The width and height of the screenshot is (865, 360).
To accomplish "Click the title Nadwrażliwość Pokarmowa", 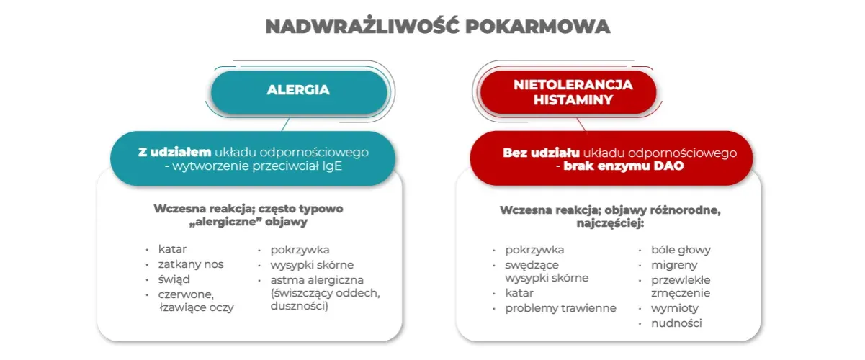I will (x=438, y=27).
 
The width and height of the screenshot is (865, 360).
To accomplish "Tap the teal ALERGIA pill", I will (x=298, y=91).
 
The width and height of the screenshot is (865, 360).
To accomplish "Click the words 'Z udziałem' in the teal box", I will (x=175, y=153).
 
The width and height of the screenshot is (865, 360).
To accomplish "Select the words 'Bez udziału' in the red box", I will (x=537, y=153).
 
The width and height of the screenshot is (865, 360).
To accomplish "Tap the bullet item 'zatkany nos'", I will (x=191, y=264).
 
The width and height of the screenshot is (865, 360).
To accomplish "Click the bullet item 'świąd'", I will (x=174, y=279).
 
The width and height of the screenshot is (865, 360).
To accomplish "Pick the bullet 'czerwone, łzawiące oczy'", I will (x=196, y=301).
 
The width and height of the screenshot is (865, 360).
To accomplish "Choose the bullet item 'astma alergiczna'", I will (x=317, y=279).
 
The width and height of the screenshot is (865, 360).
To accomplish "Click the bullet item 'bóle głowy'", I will (x=681, y=251).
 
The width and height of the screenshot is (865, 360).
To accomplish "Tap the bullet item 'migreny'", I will (x=674, y=265).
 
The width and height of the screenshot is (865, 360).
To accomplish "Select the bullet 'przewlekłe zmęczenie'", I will (x=681, y=287).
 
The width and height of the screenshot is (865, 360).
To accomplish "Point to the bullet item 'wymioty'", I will (x=675, y=308).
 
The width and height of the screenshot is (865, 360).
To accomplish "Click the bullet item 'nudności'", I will (x=676, y=323).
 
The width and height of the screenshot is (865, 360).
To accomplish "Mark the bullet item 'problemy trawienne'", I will (x=560, y=308).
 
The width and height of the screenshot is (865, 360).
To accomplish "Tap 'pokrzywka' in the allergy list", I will (x=300, y=251).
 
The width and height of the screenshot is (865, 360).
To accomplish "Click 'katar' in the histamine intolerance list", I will (x=519, y=293).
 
